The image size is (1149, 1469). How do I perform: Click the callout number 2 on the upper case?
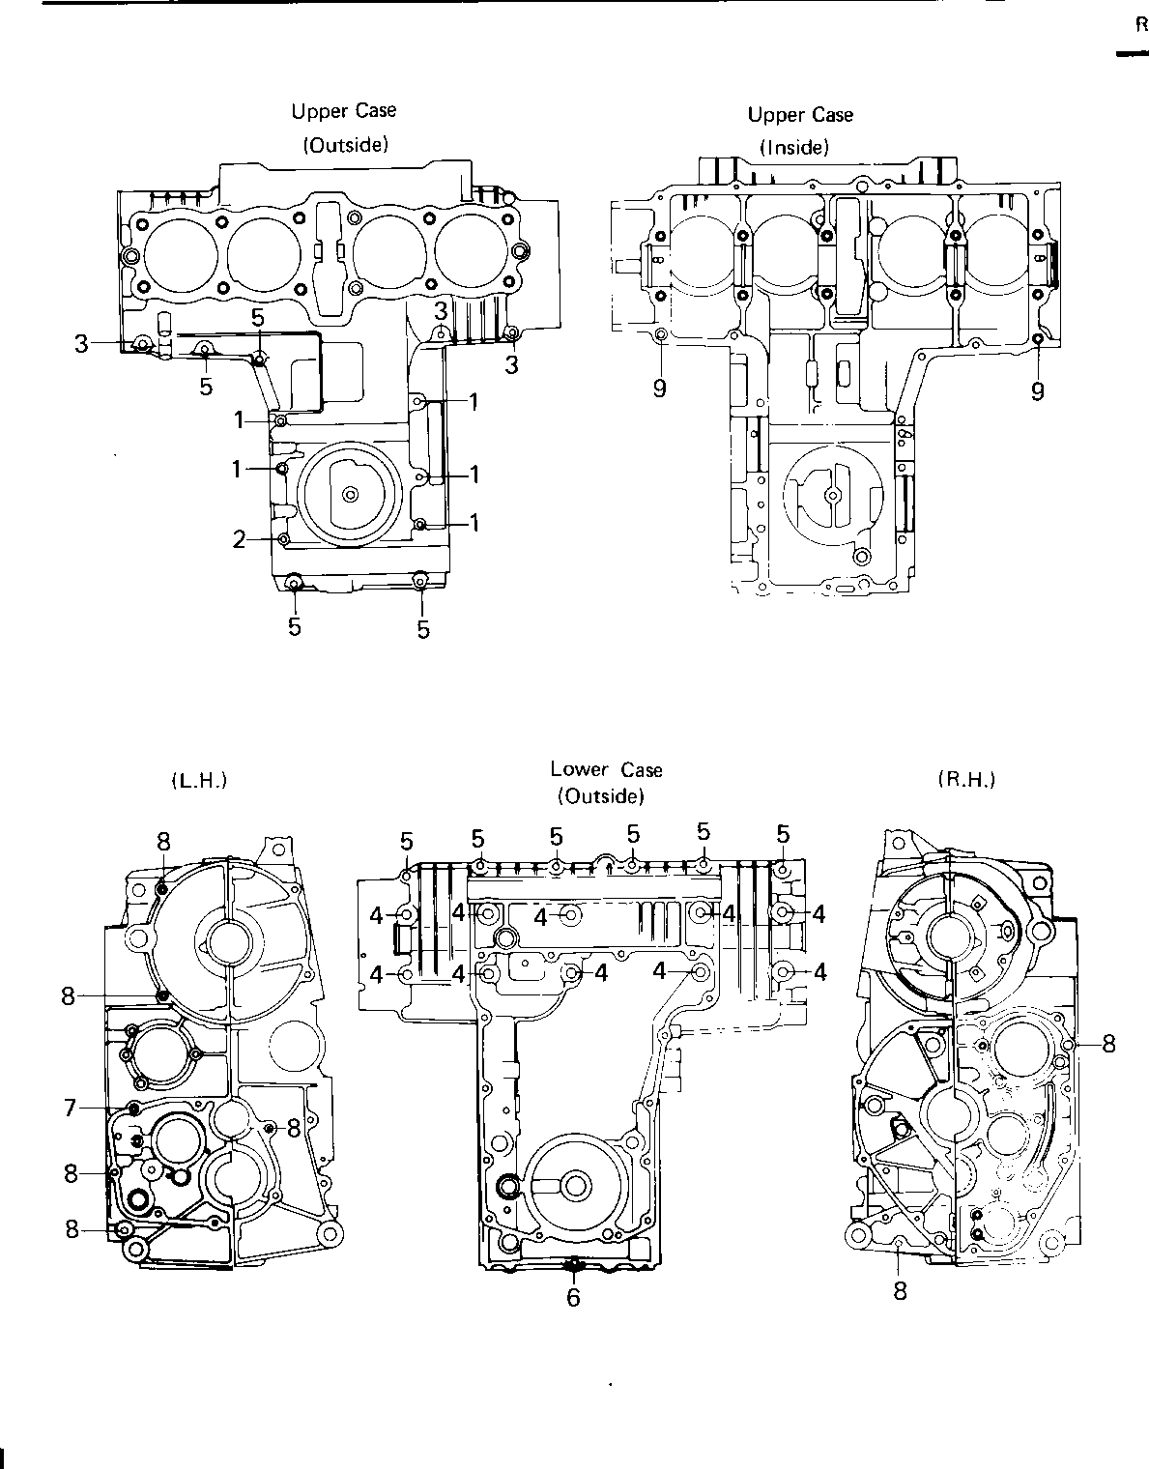(x=239, y=539)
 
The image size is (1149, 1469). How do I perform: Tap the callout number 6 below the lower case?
(x=573, y=1297)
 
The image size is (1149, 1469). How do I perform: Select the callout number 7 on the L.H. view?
(x=70, y=1108)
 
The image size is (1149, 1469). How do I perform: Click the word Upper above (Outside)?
(x=316, y=111)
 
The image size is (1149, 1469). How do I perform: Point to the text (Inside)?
(x=794, y=147)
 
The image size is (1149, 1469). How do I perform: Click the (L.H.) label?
(x=198, y=781)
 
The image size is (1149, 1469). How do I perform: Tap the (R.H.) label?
(x=966, y=780)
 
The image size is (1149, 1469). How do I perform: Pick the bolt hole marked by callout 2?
(x=284, y=538)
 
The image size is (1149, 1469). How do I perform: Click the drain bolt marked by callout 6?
(x=574, y=1263)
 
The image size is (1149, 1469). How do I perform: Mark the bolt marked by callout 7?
(x=133, y=1108)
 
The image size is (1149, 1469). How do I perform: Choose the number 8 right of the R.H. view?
(x=1108, y=1045)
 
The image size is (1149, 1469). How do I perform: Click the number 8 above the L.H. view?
(x=163, y=842)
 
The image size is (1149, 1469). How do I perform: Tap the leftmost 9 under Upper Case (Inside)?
(x=660, y=389)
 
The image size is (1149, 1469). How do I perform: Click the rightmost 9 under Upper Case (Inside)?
(x=1038, y=390)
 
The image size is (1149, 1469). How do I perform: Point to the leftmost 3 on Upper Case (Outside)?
(x=81, y=344)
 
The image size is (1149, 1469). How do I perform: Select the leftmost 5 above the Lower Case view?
(x=406, y=842)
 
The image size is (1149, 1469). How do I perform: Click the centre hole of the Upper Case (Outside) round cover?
(x=350, y=495)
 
